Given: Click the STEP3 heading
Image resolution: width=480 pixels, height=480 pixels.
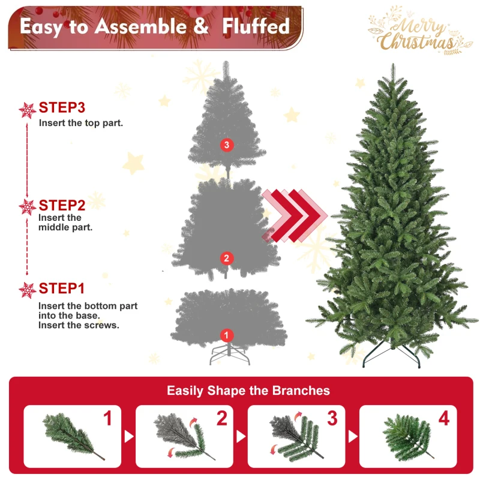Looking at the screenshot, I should [62, 108].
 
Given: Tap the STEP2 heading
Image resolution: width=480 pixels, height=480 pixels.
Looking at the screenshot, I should [62, 205].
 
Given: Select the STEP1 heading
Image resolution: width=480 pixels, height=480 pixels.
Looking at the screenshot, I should [62, 289].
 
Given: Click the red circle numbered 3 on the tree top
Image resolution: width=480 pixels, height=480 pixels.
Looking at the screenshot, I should [226, 145].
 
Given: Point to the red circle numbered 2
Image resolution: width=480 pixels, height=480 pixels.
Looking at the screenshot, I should [226, 259].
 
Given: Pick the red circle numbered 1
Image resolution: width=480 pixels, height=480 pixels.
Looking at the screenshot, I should [226, 335].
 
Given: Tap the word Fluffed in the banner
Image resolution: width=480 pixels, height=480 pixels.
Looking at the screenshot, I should [256, 26].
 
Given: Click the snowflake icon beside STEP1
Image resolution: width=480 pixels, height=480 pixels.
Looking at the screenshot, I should [28, 290].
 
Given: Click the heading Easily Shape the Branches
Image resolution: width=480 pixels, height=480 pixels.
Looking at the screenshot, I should [248, 391].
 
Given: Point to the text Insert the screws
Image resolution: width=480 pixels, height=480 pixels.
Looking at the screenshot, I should [79, 325].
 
